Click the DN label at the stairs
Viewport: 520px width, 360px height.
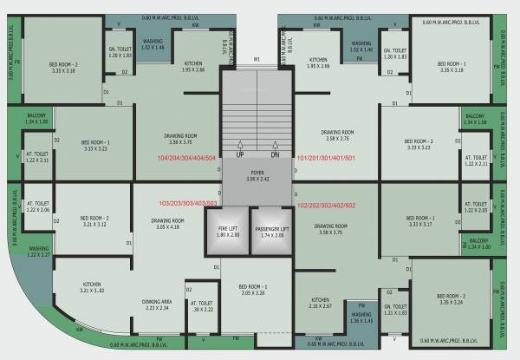(x=274, y=155)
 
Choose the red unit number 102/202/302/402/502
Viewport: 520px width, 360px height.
(x=327, y=206)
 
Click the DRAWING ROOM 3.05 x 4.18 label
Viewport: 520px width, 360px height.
(x=166, y=224)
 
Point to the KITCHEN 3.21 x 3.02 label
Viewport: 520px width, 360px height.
(x=93, y=287)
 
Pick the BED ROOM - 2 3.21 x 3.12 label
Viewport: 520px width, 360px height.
(x=93, y=221)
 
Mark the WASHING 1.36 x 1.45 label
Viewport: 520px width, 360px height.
(x=361, y=318)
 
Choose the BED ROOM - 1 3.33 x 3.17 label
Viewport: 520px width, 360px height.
(x=419, y=220)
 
